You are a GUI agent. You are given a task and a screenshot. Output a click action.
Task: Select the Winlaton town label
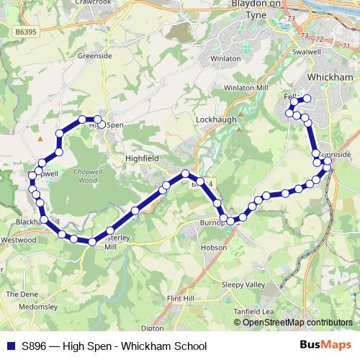[204, 58]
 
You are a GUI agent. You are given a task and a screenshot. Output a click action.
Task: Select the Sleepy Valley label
[243, 284]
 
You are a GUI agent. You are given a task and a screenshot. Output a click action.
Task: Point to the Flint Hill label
[181, 297]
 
